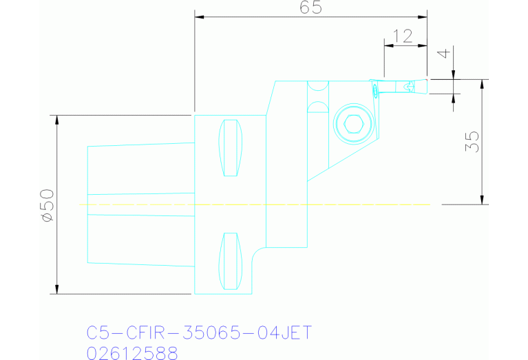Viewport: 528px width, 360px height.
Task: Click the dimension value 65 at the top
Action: tap(310, 8)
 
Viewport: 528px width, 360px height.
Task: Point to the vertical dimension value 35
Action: tap(472, 142)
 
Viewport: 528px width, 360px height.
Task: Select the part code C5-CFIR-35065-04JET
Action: tap(199, 333)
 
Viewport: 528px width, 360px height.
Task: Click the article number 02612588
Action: tap(132, 353)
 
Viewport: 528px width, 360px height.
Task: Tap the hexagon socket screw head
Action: tap(353, 125)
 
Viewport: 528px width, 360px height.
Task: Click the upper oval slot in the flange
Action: tap(230, 148)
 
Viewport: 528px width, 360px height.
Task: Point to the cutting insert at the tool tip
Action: tap(374, 88)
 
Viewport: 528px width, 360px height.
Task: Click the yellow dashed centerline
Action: tap(255, 204)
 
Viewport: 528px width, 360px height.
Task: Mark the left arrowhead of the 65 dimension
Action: tap(200, 17)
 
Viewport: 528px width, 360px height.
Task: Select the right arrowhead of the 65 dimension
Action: tap(422, 17)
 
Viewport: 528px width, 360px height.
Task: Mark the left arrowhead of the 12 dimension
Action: tap(388, 45)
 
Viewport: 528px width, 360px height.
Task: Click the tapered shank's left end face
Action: tap(87, 204)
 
